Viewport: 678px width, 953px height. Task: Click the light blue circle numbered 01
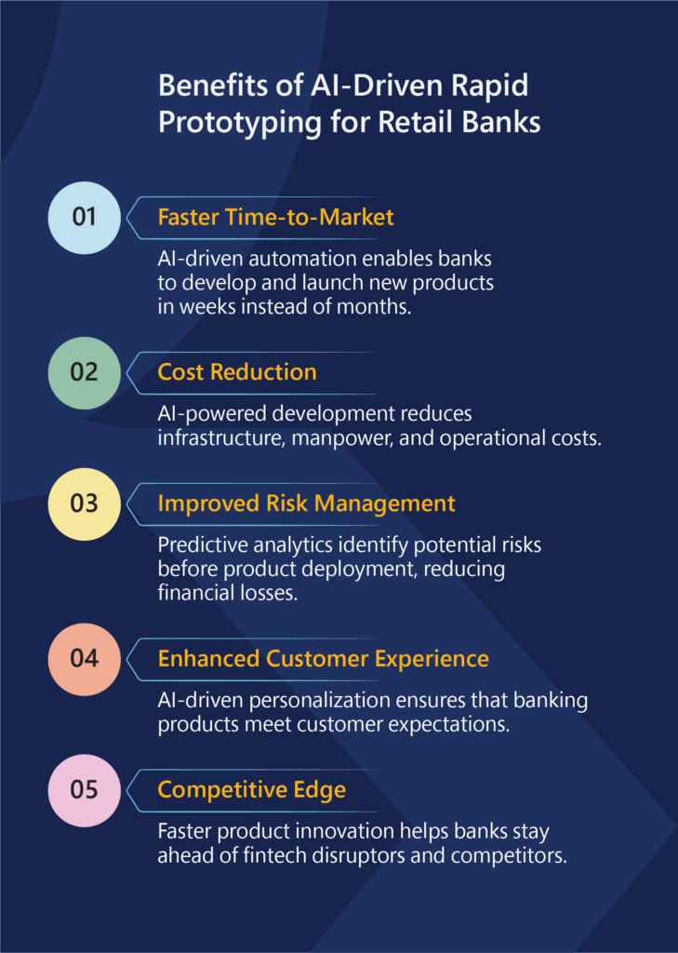coord(84,218)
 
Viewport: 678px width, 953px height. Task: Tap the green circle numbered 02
coord(84,372)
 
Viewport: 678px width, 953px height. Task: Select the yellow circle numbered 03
coord(84,503)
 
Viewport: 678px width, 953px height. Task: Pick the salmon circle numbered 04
coord(84,659)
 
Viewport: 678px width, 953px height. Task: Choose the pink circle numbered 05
coord(84,790)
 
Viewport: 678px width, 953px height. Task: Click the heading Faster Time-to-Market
coord(276,217)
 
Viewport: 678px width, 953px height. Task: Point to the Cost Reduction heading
coord(237,372)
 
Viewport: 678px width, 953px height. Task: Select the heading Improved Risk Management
coord(306,503)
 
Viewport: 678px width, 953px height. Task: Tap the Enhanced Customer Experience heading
coord(324,659)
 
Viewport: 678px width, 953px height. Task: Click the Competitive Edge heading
coord(251,790)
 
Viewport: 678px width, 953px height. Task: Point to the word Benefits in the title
coord(218,86)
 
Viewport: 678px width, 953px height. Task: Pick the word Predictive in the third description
coord(203,544)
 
